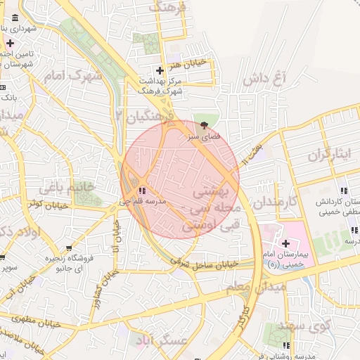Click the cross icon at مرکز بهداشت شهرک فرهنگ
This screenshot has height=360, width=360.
pos(160,70)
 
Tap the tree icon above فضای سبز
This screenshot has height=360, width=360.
pos(204,126)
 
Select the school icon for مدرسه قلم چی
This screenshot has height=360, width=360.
pos(142,191)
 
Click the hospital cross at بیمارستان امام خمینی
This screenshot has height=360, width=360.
pos(286,243)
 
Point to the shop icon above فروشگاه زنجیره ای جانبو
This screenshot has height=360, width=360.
pos(68,247)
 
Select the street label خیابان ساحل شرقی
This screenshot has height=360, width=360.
pos(204,263)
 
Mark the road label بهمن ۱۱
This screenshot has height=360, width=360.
pos(254,149)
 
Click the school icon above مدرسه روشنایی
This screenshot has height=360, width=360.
pos(287,345)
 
